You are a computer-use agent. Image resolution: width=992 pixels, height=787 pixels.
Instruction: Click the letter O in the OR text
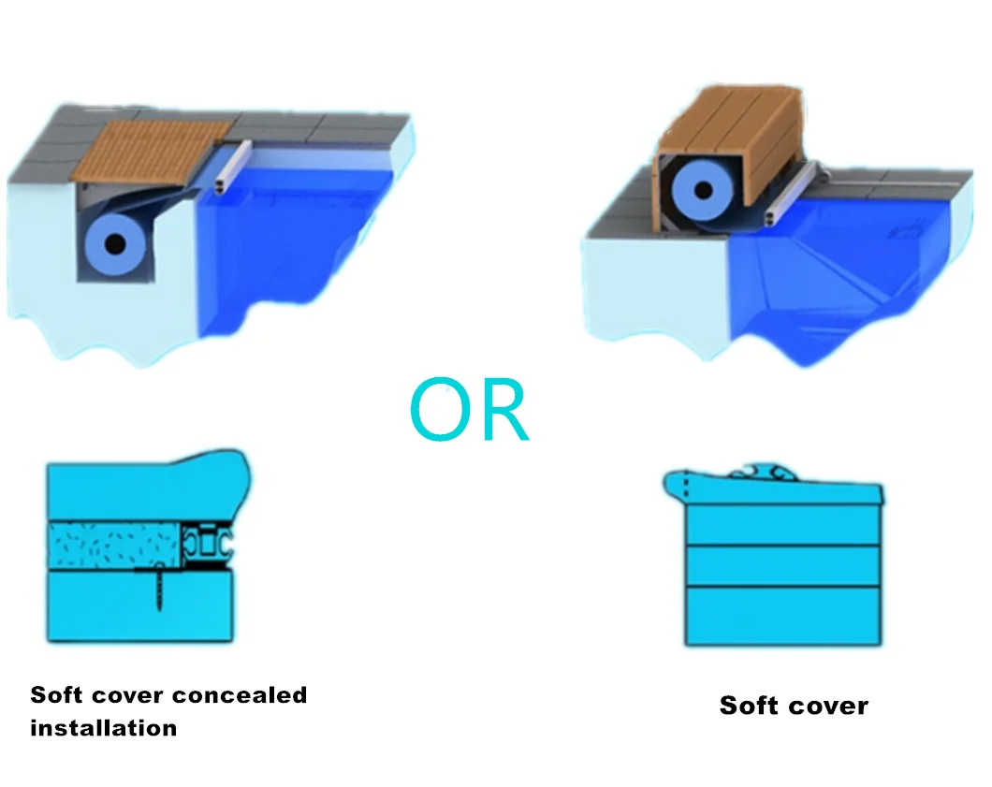[x=439, y=412]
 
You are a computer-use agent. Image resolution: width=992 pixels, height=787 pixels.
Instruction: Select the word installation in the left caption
[x=103, y=727]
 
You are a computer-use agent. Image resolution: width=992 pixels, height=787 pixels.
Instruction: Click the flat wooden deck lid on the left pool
[x=145, y=149]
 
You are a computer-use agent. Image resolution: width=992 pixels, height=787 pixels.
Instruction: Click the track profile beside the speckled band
[x=206, y=543]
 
